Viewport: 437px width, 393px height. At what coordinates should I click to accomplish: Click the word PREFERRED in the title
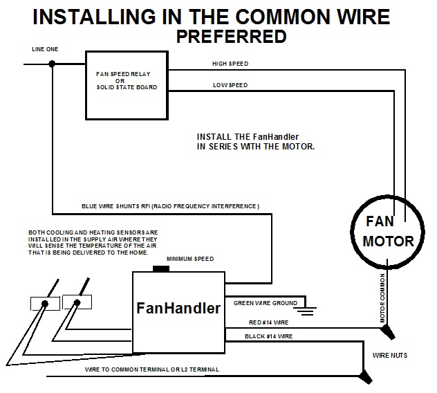(231, 36)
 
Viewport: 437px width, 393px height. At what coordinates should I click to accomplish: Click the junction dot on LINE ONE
(53, 64)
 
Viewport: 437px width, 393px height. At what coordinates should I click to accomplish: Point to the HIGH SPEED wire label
(230, 64)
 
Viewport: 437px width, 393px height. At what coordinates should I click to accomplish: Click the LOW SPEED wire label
(230, 85)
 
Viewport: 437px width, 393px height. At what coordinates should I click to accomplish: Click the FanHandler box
(178, 309)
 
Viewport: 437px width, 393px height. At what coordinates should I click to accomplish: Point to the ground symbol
(308, 310)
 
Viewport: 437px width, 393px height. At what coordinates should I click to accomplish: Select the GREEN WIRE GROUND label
(266, 303)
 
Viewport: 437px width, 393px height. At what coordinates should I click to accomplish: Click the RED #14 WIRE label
(269, 322)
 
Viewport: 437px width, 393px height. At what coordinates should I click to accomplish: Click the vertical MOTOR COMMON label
(382, 296)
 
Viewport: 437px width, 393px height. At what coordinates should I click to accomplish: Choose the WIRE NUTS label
(390, 356)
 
